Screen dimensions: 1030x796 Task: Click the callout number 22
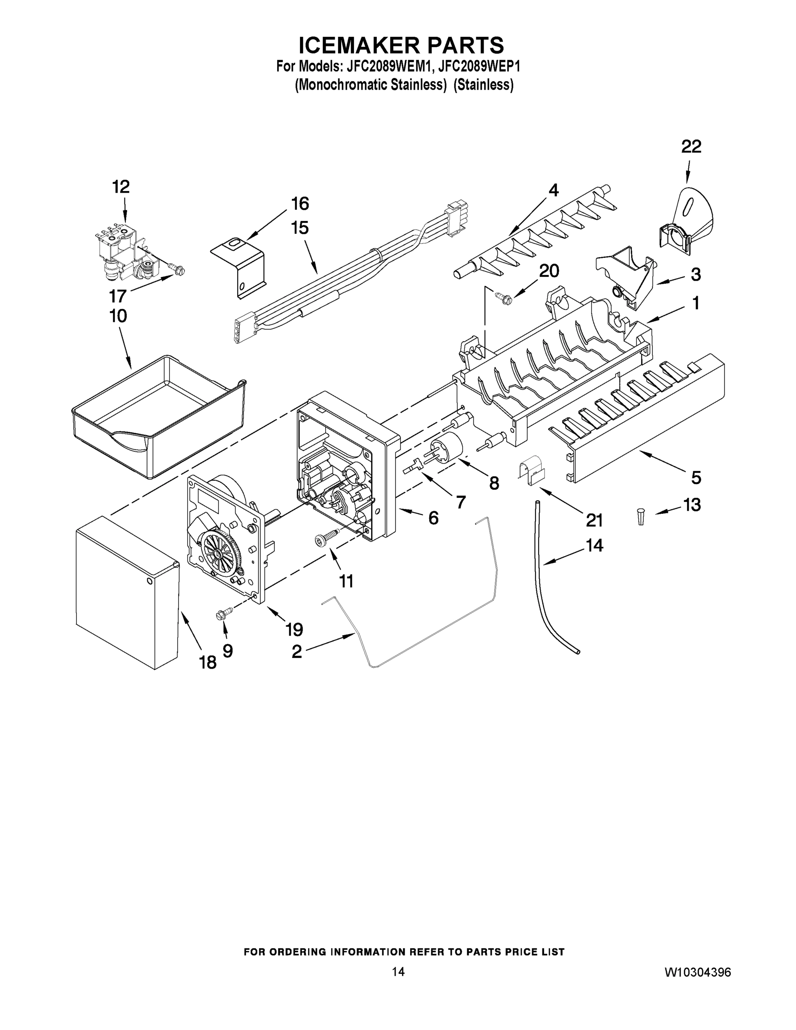click(691, 147)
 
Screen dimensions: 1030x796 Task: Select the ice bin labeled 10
click(158, 415)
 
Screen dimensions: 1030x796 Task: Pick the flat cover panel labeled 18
click(127, 592)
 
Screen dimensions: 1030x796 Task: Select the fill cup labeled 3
click(625, 278)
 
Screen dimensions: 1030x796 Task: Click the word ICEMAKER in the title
click(359, 46)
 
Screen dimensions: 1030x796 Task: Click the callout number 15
click(300, 228)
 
